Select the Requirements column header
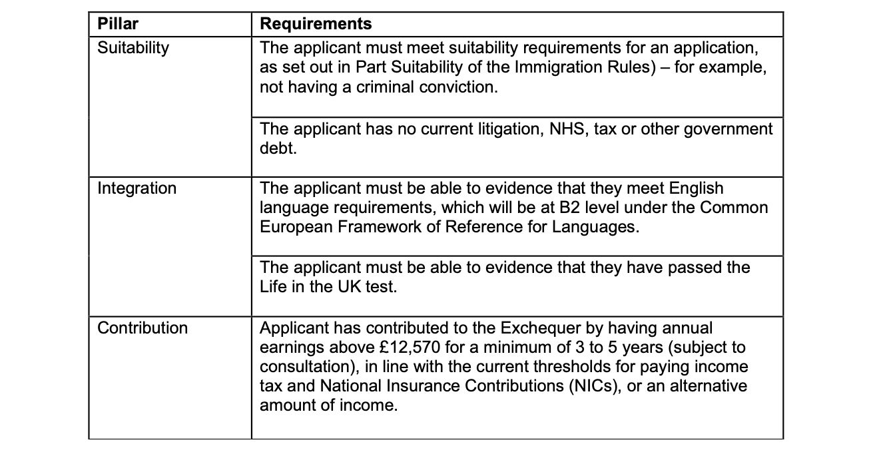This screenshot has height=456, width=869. point(315,25)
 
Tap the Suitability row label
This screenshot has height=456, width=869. point(133,48)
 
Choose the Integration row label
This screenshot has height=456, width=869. point(137,188)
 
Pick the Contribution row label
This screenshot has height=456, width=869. point(143,328)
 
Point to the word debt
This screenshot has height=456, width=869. point(278,148)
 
